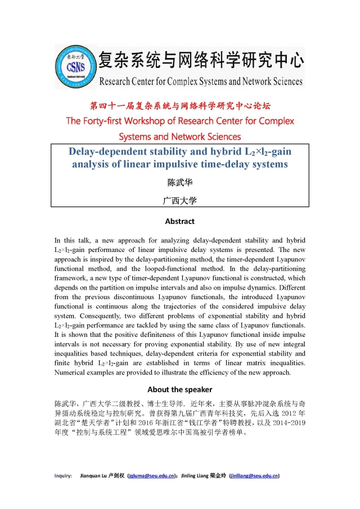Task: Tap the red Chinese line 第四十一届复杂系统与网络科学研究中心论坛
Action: coord(180,106)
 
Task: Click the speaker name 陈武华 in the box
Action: coord(180,182)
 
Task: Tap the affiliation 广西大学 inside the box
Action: coord(180,200)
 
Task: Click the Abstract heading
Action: coord(180,221)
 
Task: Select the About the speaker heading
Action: coord(180,389)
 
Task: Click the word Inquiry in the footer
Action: coord(63,476)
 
